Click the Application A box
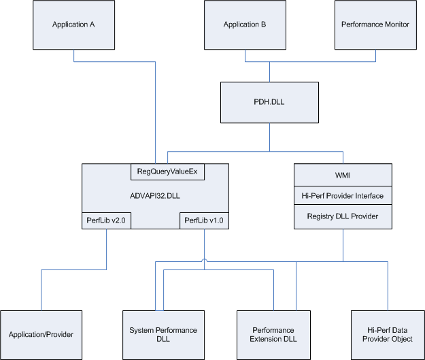tap(73, 24)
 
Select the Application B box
tap(245, 24)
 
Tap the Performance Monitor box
tap(375, 24)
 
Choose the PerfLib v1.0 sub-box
tap(204, 220)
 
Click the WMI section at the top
tap(343, 175)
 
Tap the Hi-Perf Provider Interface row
tap(343, 196)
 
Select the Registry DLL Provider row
tap(343, 216)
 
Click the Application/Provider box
tap(41, 334)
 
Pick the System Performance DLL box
tap(163, 334)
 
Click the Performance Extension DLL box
tap(277, 334)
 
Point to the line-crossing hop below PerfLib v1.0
tap(204, 261)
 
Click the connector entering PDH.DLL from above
tap(269, 72)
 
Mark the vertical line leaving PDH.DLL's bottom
tap(269, 136)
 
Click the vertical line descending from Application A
tap(73, 55)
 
